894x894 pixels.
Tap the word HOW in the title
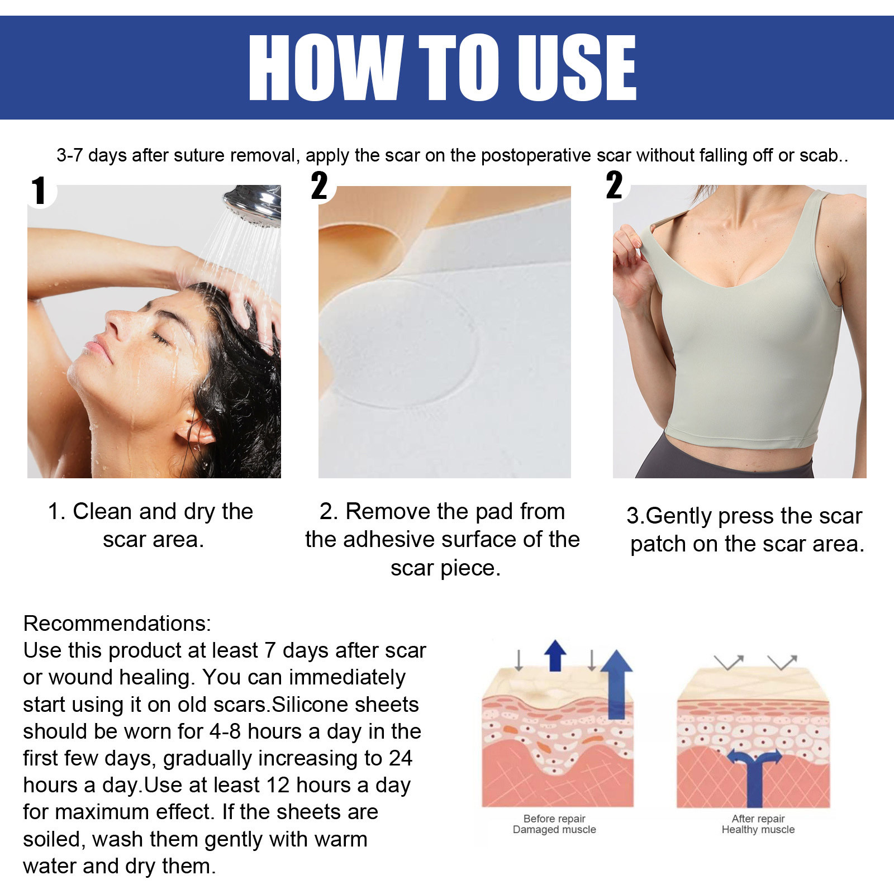tap(325, 68)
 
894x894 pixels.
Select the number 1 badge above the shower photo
tap(39, 191)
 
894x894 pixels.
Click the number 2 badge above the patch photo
tap(320, 186)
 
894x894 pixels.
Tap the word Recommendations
tap(117, 624)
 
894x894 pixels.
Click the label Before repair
tap(554, 819)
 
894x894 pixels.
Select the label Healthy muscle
tap(758, 830)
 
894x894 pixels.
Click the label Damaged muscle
tap(554, 830)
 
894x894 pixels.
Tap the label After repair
tap(758, 819)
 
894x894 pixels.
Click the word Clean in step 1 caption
tap(102, 512)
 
